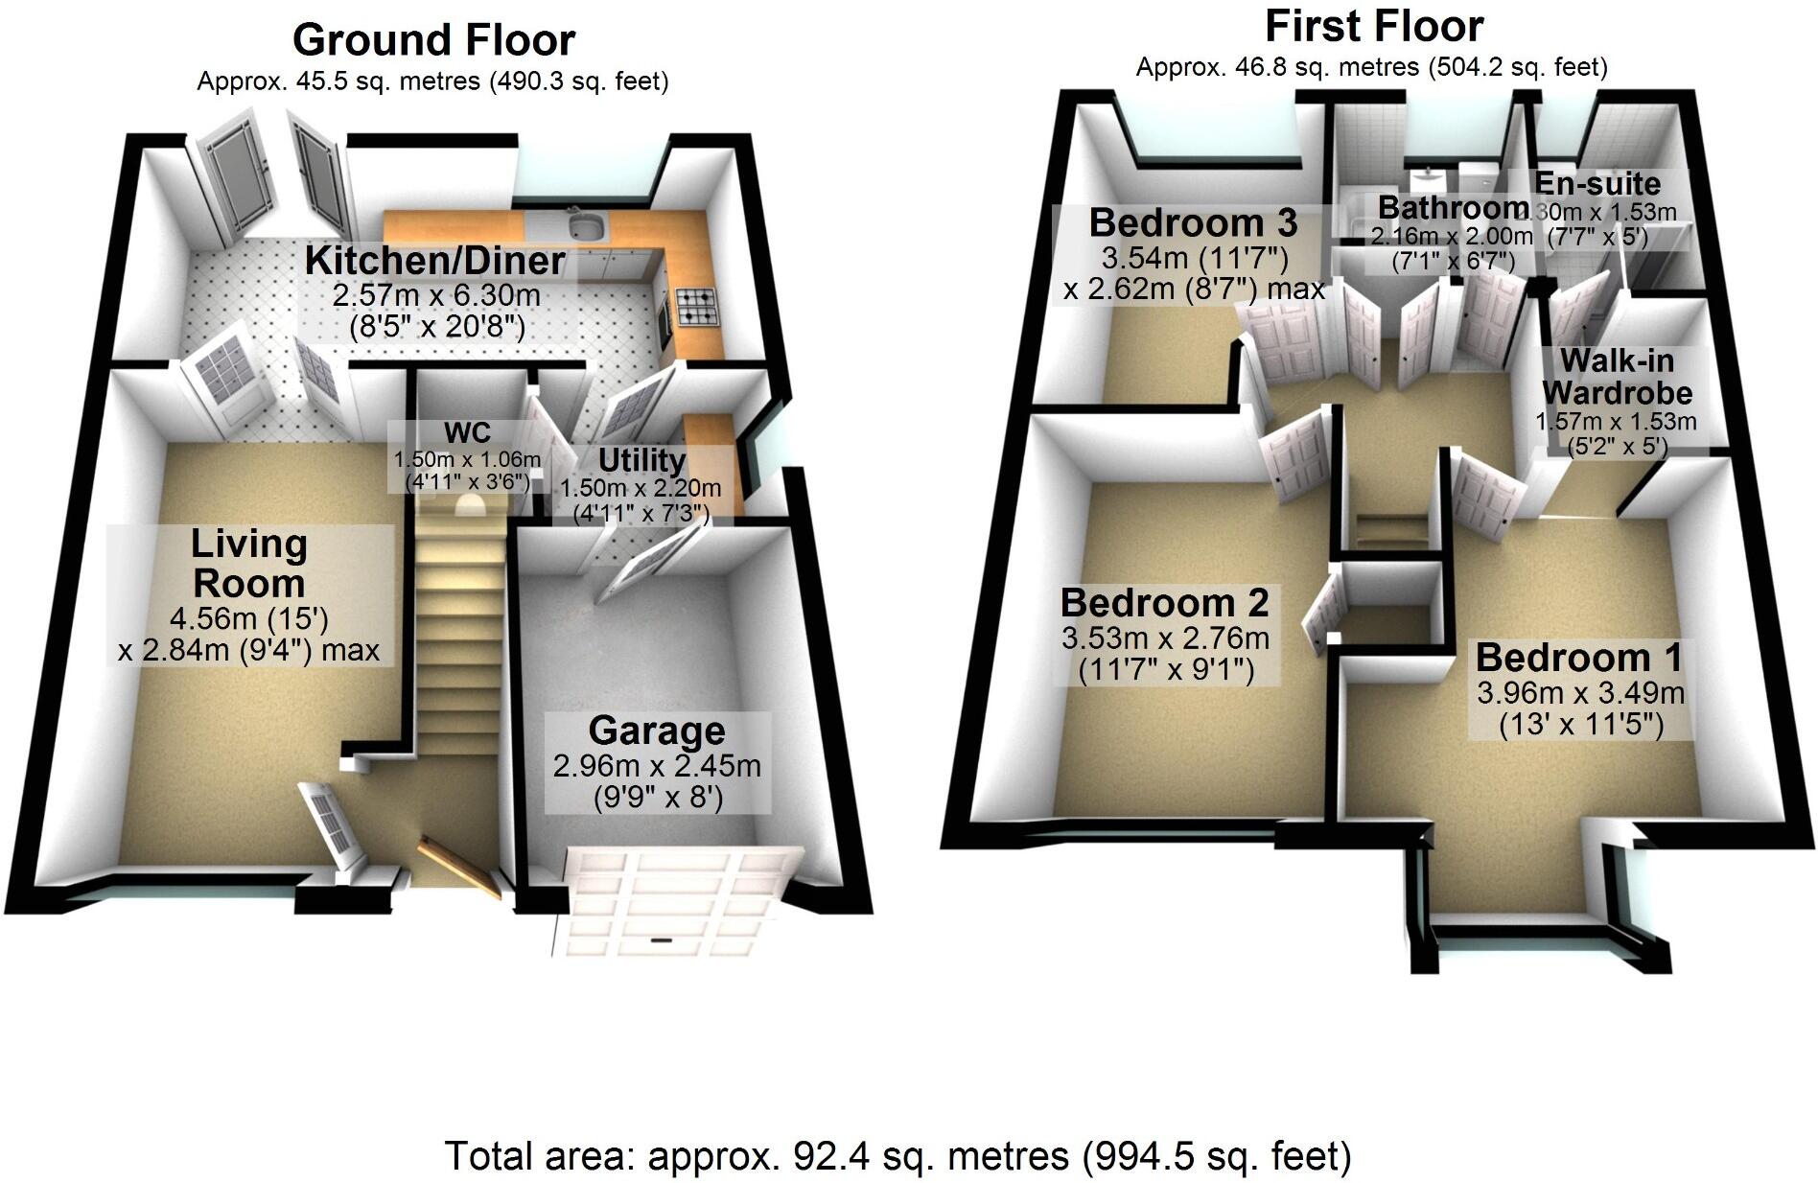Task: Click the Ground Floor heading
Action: coord(433,40)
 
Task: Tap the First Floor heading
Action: coord(1373,26)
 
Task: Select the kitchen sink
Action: coord(584,226)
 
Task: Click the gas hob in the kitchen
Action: coord(696,306)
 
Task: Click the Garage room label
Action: coord(657,731)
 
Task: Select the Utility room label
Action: coord(641,460)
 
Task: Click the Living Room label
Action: coord(248,564)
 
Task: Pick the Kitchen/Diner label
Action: coord(434,260)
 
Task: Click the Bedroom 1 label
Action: coord(1579,658)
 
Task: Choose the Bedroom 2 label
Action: coord(1164,603)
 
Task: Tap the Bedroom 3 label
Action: coord(1193,222)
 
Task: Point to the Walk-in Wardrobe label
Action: coord(1617,377)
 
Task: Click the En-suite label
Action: coord(1597,183)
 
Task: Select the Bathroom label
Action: coord(1454,207)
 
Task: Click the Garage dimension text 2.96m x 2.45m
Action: coord(657,766)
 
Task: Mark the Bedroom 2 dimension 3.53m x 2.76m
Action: coord(1165,638)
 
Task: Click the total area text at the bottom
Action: coord(897,1156)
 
